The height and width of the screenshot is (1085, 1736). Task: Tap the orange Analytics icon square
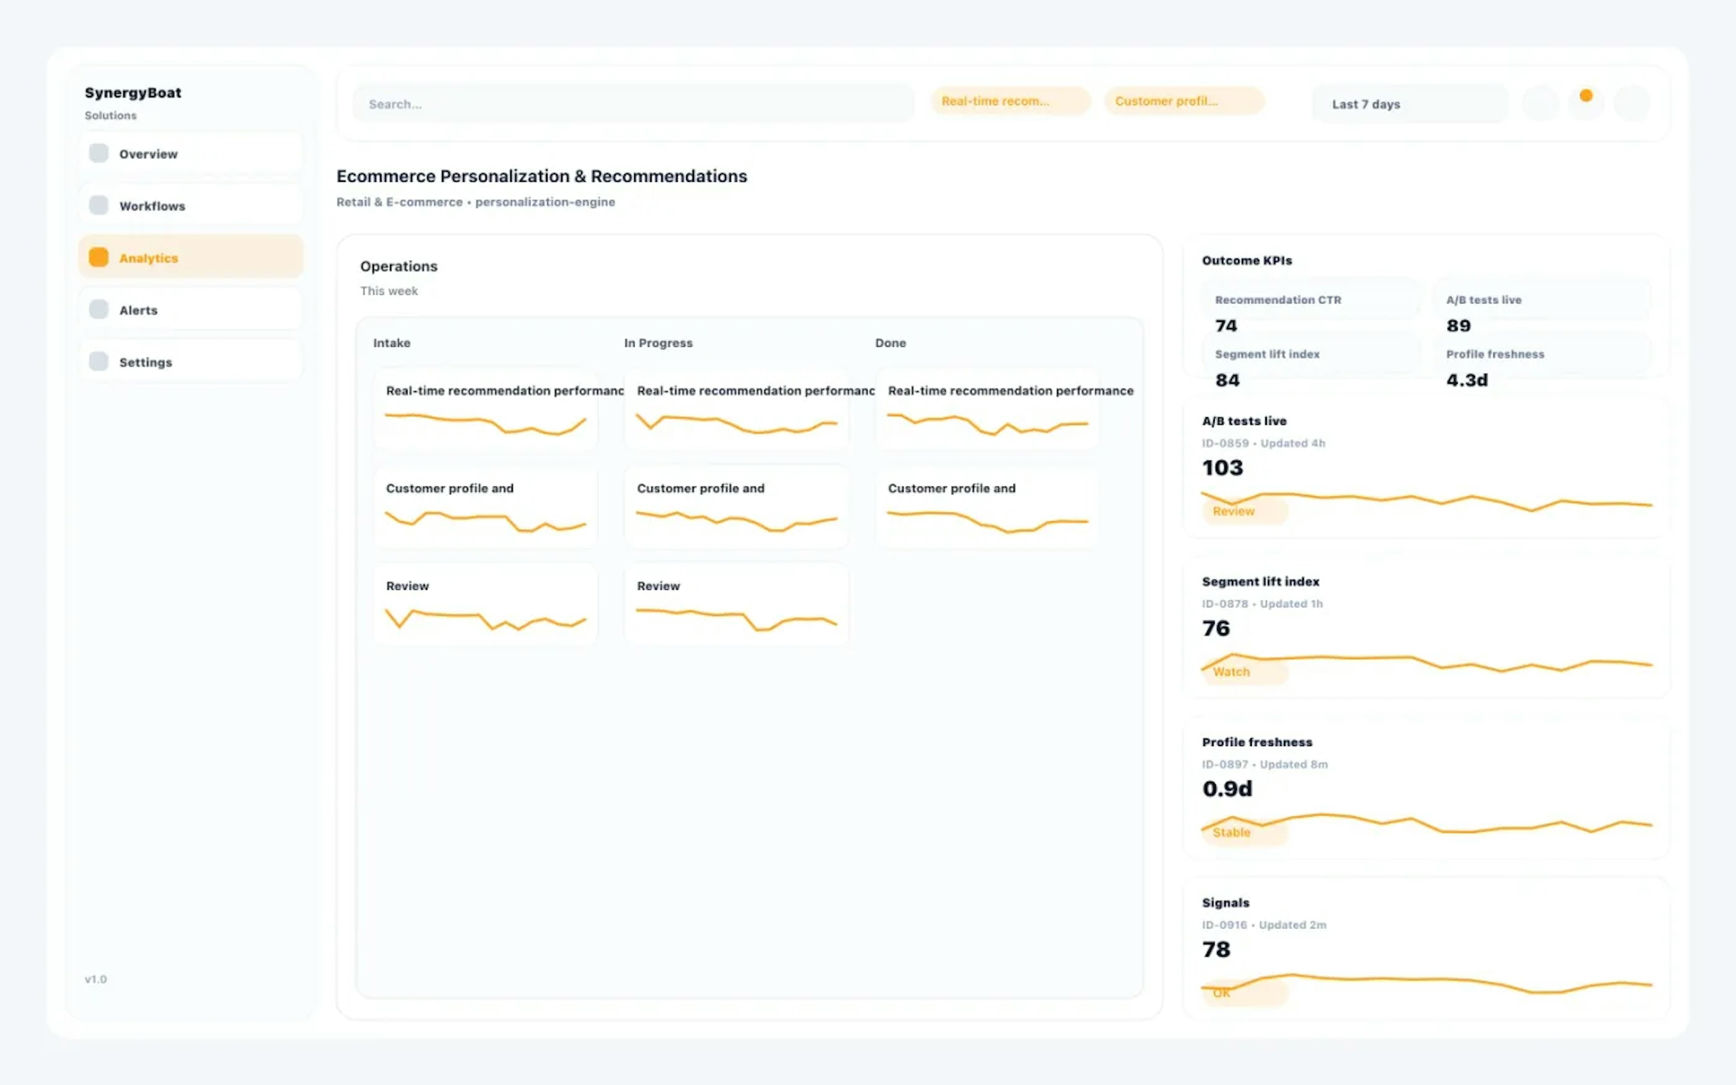(x=98, y=258)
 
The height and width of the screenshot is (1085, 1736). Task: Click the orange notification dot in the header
(x=1585, y=95)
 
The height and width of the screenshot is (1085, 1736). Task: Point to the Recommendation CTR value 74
(x=1226, y=326)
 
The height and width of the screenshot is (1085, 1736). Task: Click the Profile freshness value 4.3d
(x=1466, y=380)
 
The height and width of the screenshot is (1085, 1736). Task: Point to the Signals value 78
(x=1216, y=949)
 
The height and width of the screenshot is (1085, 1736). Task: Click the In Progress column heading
(x=658, y=343)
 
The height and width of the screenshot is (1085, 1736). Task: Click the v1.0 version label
(x=95, y=979)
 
